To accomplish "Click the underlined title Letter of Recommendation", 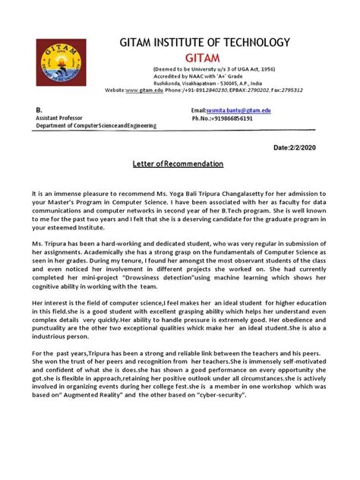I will (x=178, y=164).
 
